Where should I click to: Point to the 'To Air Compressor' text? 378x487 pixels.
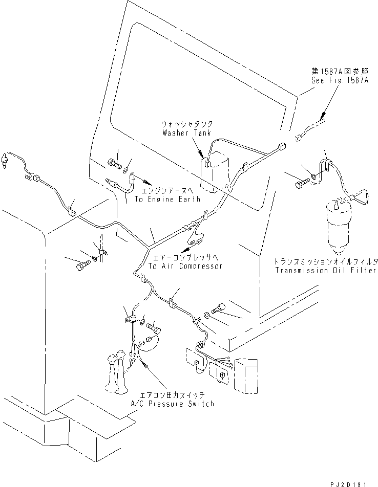pyautogui.click(x=185, y=266)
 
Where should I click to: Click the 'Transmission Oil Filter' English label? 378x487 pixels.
pyautogui.click(x=326, y=270)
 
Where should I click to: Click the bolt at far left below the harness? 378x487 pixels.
pyautogui.click(x=83, y=265)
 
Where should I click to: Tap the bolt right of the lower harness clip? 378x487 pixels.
pyautogui.click(x=216, y=308)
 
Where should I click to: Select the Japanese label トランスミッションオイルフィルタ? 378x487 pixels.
pyautogui.click(x=326, y=261)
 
